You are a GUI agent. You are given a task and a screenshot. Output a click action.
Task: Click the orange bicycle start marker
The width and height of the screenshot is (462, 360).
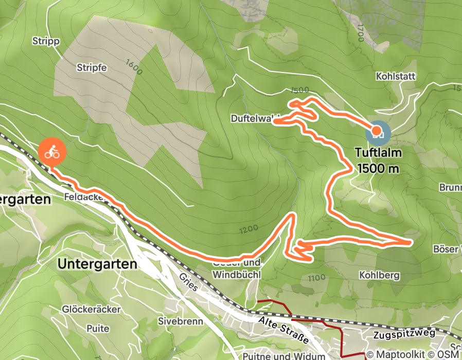tap(51, 152)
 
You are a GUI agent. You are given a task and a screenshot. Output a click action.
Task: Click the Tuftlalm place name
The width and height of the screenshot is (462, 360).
tap(377, 153)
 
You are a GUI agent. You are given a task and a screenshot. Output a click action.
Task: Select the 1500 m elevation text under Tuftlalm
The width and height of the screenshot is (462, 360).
tap(377, 168)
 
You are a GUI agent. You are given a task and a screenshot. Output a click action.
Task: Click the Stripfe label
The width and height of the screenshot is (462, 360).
tap(91, 67)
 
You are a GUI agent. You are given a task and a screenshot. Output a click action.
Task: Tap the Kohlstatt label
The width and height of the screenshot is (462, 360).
tap(396, 76)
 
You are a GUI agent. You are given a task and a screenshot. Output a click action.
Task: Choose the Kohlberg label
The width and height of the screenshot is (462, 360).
tap(380, 275)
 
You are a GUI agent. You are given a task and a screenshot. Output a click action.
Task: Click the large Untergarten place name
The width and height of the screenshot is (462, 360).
tap(98, 264)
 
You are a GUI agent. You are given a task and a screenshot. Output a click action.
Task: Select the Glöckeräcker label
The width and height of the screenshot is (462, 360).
tap(91, 309)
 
